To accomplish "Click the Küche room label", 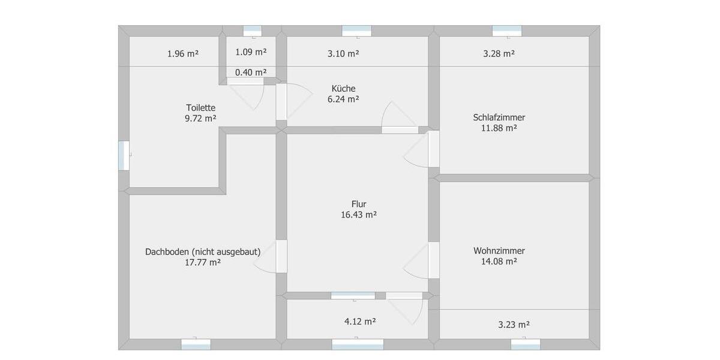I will point(343,88).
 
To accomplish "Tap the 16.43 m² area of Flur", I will point(359,214).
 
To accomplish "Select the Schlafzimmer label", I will point(499,118).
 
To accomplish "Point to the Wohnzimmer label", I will point(499,251).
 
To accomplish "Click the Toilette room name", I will point(200,107).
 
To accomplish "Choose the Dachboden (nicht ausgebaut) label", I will point(203,252).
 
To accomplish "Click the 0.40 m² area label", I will point(251,73).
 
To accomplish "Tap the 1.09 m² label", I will point(251,52).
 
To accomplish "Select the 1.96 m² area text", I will point(183,53).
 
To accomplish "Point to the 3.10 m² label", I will point(343,53).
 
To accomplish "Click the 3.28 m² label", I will point(499,53).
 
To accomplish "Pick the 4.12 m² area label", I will point(360,321).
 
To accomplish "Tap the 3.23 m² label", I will point(514,325).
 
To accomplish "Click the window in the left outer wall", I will point(124,155).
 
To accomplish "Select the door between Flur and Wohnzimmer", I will point(433,260).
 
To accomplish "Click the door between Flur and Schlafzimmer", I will point(433,149).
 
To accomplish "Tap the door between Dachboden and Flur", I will point(281,256).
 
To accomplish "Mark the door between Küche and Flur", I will point(399,129).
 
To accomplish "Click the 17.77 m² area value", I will point(203,262).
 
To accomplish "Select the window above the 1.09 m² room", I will point(252,31).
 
